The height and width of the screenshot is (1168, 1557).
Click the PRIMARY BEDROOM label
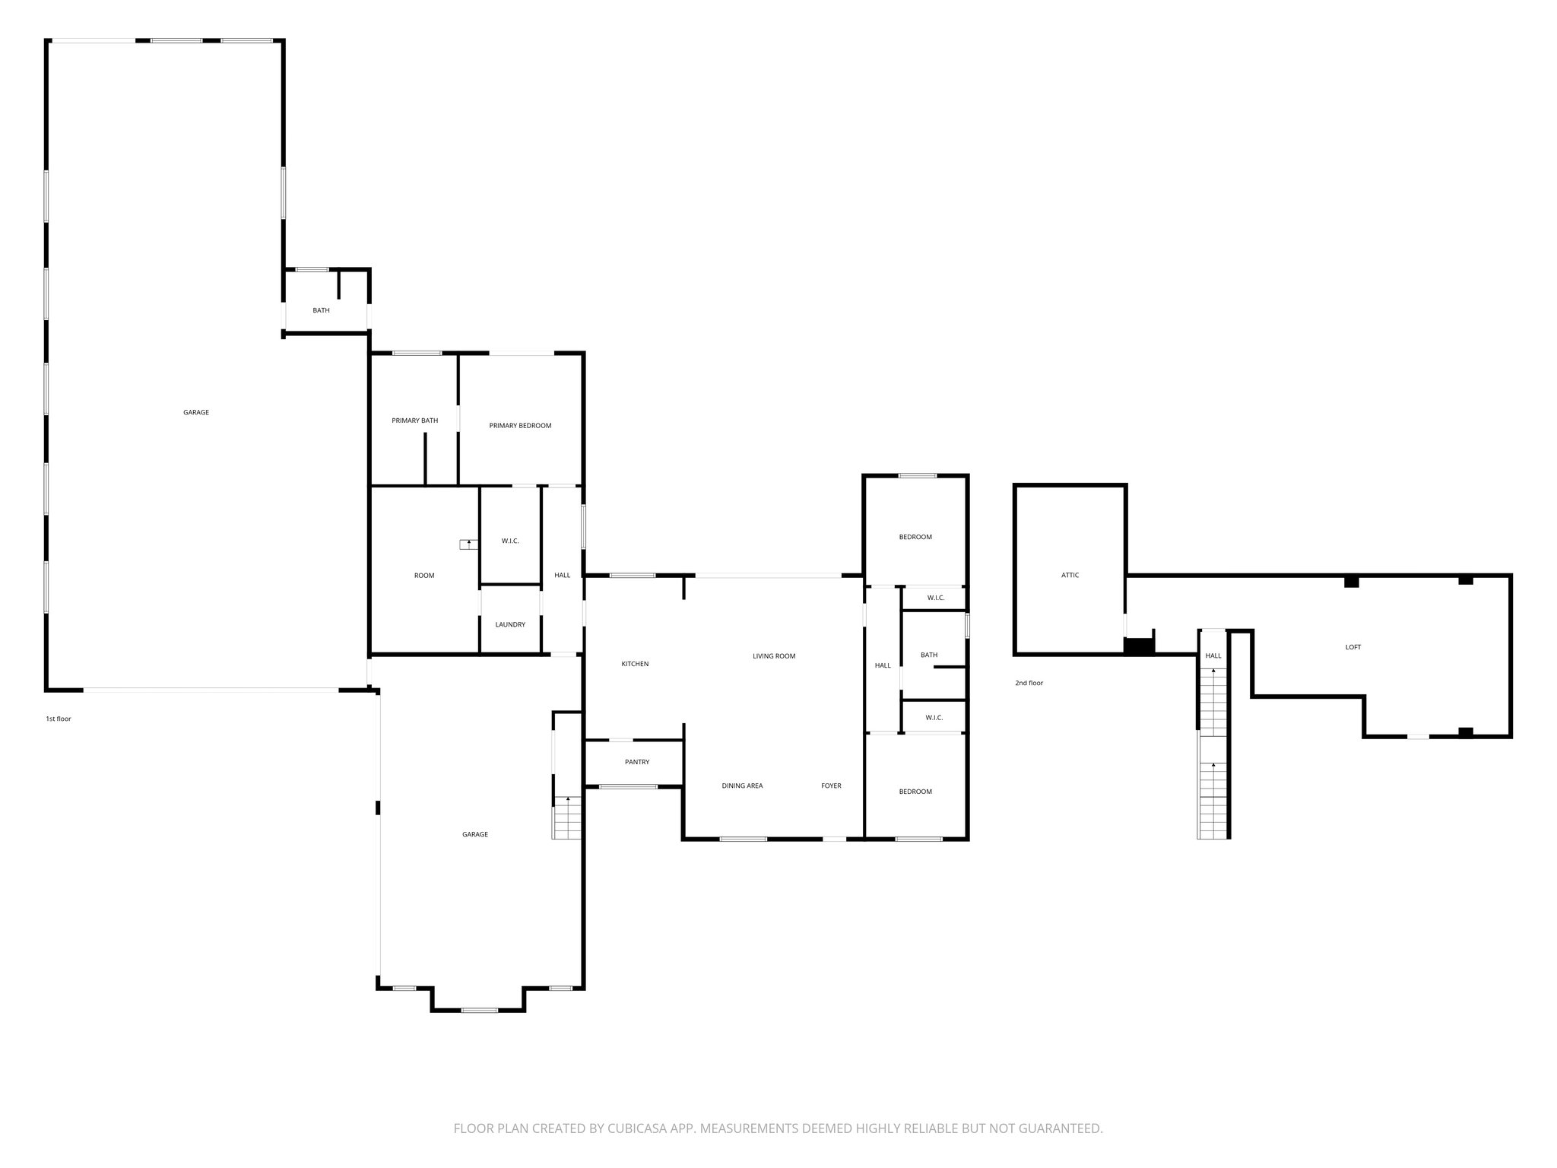[520, 426]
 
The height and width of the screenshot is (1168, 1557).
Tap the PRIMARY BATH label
[414, 421]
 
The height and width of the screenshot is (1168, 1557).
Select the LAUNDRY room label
[510, 625]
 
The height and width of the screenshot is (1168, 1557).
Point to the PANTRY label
[637, 762]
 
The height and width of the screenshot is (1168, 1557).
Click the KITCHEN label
[635, 664]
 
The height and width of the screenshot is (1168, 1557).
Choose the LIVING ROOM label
[774, 656]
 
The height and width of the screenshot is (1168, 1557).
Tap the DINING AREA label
[742, 786]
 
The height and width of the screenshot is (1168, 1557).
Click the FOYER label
[831, 786]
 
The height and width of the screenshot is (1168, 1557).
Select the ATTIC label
[1070, 576]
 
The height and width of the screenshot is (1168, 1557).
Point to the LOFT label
[1353, 648]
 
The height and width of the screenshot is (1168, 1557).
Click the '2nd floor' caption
[1029, 684]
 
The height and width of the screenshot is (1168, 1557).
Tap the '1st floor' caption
[59, 719]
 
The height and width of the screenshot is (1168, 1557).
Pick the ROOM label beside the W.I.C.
[424, 576]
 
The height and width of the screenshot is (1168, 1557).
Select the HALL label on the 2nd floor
[1213, 655]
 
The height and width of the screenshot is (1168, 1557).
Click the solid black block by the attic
[1139, 646]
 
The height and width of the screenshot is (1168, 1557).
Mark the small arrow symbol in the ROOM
[468, 544]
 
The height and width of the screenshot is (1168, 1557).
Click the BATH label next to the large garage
[321, 310]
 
